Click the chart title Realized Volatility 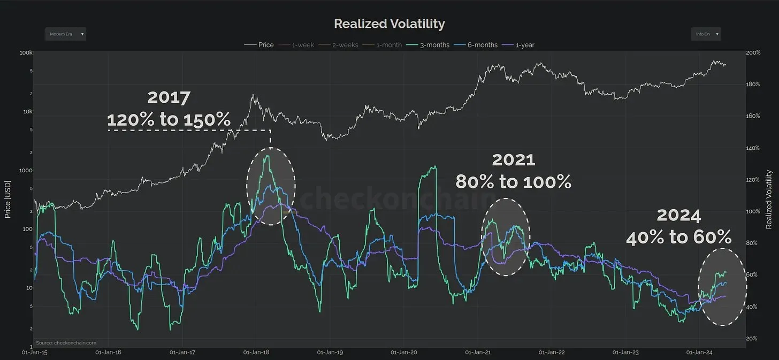(x=389, y=24)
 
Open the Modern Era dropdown (x=65, y=34)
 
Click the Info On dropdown (x=706, y=34)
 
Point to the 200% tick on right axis (x=753, y=53)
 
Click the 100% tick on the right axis (x=753, y=211)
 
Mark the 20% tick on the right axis (x=752, y=339)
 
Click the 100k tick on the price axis (x=26, y=53)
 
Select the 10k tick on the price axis (x=27, y=112)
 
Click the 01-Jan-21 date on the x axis (x=478, y=353)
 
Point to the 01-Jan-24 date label (x=699, y=353)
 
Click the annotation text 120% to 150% (x=169, y=119)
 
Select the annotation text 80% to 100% (x=513, y=182)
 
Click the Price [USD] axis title (x=8, y=200)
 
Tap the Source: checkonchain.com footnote (x=66, y=343)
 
